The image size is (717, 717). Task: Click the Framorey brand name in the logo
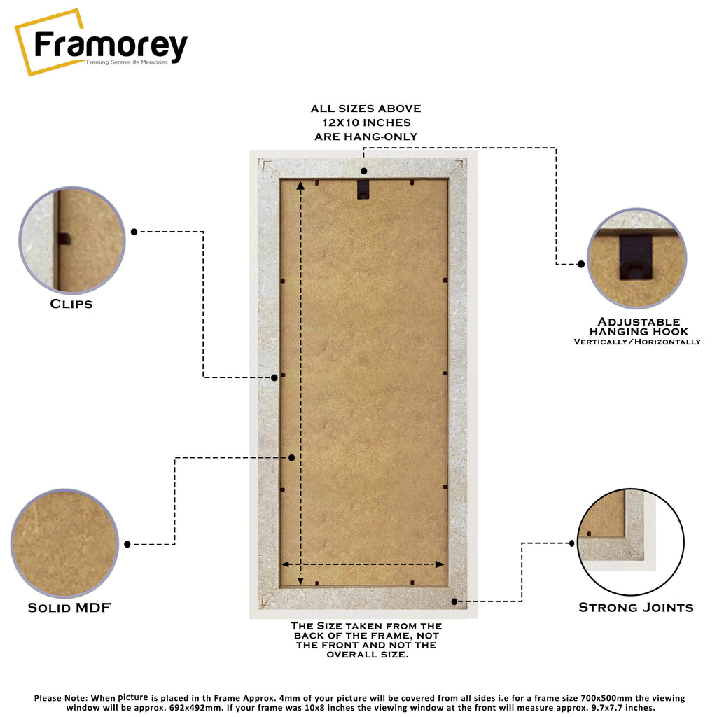tap(111, 45)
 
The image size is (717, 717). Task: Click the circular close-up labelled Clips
tap(72, 239)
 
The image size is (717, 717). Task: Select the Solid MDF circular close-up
tap(64, 543)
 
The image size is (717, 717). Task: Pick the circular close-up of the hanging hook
tap(636, 258)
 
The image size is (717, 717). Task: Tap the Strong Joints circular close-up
tap(631, 542)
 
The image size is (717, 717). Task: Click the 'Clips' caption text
tap(71, 304)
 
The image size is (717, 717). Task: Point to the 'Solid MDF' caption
tap(69, 608)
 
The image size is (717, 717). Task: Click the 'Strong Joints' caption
tap(636, 607)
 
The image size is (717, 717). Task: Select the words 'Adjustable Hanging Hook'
tap(639, 326)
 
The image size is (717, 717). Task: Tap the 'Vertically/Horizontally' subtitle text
tap(637, 342)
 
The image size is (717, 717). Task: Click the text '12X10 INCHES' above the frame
tap(367, 123)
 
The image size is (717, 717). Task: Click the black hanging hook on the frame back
tap(363, 189)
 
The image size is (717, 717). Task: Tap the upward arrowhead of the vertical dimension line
tap(300, 185)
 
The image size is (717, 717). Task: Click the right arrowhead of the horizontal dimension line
tap(440, 564)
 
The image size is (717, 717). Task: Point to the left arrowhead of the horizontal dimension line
tap(286, 564)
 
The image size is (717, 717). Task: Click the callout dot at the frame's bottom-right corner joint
tap(454, 601)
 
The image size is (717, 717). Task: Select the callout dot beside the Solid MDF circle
tap(127, 544)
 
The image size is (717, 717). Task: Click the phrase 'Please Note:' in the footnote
tap(61, 698)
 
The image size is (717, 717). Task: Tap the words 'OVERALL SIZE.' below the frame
tap(367, 655)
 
